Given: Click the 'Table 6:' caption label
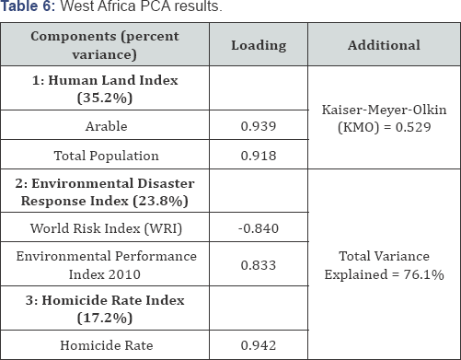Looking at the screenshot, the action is [x=28, y=6].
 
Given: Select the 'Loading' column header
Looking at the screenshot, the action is [x=259, y=45].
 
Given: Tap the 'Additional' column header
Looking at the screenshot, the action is [x=384, y=45].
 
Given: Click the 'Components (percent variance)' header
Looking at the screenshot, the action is [x=105, y=45].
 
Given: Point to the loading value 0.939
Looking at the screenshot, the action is [x=259, y=126].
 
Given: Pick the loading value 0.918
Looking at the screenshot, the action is [x=259, y=156].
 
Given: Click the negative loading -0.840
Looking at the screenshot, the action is [x=259, y=228].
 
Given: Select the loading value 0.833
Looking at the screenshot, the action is [x=259, y=265].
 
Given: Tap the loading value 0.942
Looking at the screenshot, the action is [x=259, y=345].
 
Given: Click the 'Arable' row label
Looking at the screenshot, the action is [x=106, y=126].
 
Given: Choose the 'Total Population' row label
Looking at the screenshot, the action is [x=106, y=156].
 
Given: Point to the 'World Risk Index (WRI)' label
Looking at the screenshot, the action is [x=106, y=228].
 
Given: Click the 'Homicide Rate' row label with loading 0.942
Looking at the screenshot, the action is [x=106, y=345].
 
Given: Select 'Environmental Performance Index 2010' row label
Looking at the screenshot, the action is [x=106, y=265].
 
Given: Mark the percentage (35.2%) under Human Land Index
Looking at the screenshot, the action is [x=105, y=99].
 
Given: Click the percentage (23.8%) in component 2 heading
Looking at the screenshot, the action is [x=160, y=201].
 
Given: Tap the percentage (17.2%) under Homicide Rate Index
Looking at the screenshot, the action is [x=105, y=318].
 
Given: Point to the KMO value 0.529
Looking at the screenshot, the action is [x=413, y=127].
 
